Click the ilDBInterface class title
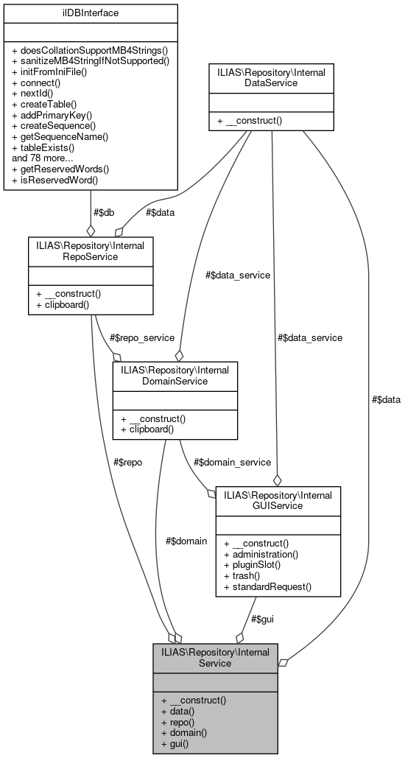(x=91, y=13)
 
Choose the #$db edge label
(x=103, y=213)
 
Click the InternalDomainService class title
(x=175, y=376)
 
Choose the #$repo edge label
(x=127, y=462)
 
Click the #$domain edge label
(x=186, y=541)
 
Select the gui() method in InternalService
(x=175, y=744)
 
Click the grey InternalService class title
(x=215, y=657)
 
